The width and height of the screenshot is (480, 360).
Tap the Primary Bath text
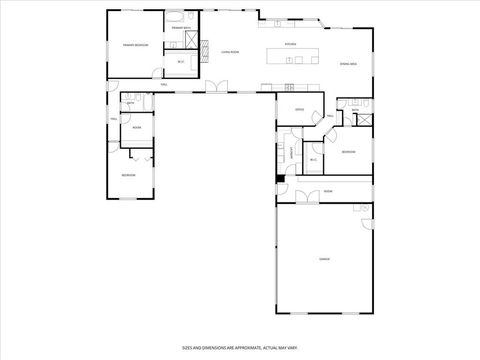click(x=180, y=28)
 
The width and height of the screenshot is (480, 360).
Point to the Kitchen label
click(x=290, y=44)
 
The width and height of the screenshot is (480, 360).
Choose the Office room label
click(x=299, y=109)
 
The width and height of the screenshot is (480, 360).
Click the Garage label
click(x=324, y=258)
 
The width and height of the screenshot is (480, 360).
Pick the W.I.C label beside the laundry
click(x=313, y=159)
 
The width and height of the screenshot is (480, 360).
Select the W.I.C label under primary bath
click(x=181, y=62)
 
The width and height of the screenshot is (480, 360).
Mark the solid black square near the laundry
click(x=280, y=179)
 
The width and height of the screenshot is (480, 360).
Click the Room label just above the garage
click(x=327, y=190)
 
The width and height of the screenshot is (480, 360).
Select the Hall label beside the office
click(x=329, y=116)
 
